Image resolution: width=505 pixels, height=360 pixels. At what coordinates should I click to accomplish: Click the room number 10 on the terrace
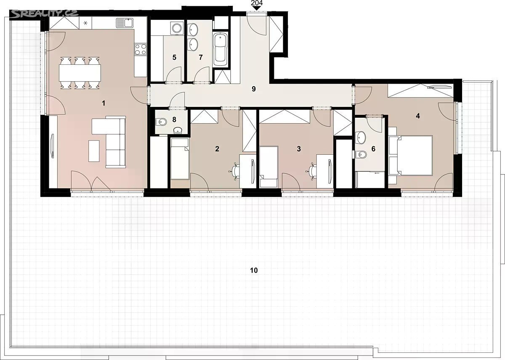(x=254, y=270)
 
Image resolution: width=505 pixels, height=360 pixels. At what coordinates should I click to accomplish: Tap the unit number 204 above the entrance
(x=257, y=3)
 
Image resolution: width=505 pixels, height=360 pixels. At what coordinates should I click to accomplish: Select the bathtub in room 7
(x=220, y=50)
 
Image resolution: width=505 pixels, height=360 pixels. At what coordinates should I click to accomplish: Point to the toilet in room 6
(x=361, y=154)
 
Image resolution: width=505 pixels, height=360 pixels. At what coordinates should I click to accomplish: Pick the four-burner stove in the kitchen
(x=141, y=50)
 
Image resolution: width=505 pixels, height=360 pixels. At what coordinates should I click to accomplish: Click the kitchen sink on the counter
(x=125, y=23)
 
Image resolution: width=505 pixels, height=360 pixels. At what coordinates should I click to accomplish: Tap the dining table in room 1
(x=80, y=73)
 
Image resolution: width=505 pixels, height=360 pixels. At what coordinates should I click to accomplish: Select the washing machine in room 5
(x=176, y=28)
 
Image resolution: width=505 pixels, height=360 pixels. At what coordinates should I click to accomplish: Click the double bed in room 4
(x=410, y=155)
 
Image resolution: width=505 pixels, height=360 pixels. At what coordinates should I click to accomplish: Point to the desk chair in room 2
(x=235, y=172)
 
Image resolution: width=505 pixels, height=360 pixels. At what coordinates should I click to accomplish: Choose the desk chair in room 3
(x=312, y=172)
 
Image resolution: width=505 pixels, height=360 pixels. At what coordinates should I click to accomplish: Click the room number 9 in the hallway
(x=254, y=89)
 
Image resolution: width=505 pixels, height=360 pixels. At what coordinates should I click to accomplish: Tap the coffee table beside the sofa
(x=94, y=151)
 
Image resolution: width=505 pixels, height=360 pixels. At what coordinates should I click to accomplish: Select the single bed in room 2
(x=180, y=159)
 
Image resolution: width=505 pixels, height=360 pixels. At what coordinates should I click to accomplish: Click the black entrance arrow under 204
(x=257, y=8)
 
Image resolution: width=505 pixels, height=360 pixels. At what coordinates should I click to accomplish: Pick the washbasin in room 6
(x=361, y=137)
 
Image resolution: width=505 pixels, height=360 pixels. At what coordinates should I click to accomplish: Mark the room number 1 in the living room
(x=104, y=103)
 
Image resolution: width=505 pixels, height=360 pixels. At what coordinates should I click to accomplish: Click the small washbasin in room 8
(x=178, y=130)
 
